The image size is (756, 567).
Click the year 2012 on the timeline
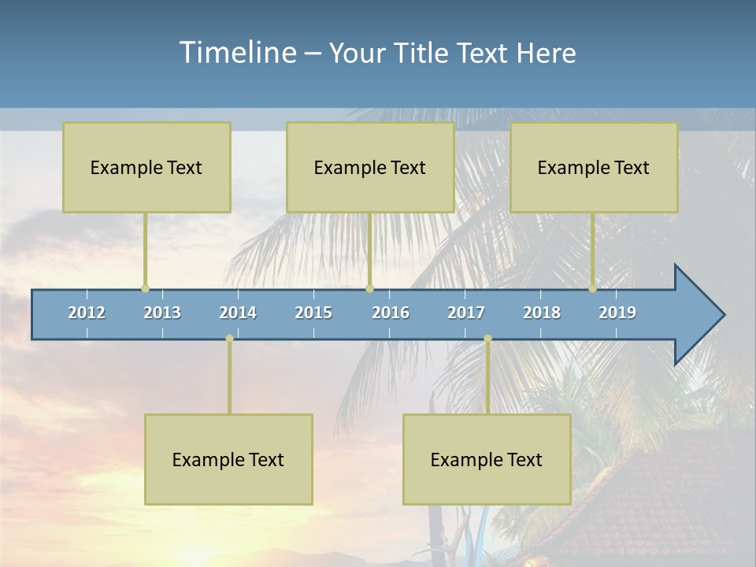click(x=87, y=313)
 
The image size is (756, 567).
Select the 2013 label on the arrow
click(x=162, y=313)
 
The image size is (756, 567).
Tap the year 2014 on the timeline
click(x=238, y=313)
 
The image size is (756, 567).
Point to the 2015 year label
click(x=313, y=313)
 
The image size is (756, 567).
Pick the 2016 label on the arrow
click(x=391, y=313)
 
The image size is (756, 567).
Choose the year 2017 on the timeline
click(x=466, y=313)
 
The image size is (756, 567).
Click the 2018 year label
click(x=542, y=313)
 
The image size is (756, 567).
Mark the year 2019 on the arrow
click(x=617, y=313)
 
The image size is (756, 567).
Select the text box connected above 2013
click(x=146, y=167)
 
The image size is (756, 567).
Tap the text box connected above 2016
click(x=370, y=167)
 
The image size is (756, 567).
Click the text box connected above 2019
click(x=594, y=167)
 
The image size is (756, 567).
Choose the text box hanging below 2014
click(x=228, y=459)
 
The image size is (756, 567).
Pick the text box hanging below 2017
click(x=487, y=459)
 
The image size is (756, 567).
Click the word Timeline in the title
click(x=236, y=52)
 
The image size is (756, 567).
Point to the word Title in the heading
click(x=422, y=54)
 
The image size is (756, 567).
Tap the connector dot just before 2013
click(x=145, y=289)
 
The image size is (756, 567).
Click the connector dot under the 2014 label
click(x=229, y=339)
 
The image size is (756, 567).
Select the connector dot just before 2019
click(x=592, y=289)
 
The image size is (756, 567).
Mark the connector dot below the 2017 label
click(x=487, y=339)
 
